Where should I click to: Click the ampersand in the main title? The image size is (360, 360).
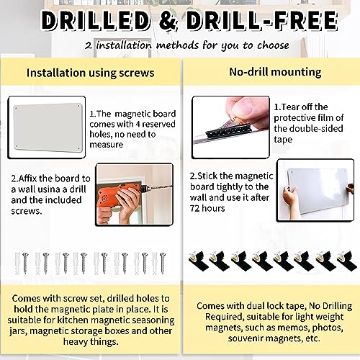click(168, 21)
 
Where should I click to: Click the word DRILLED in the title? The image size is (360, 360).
click(96, 21)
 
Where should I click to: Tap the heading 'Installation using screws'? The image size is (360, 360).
click(90, 73)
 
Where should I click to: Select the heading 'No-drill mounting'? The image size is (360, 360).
click(275, 72)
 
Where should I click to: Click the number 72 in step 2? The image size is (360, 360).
click(195, 208)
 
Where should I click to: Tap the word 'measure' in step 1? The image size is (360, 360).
click(107, 145)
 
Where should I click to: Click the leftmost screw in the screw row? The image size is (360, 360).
click(25, 264)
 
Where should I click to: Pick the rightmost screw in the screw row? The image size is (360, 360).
click(163, 264)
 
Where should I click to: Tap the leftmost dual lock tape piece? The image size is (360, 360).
click(199, 261)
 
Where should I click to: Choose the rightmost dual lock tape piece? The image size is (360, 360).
click(347, 261)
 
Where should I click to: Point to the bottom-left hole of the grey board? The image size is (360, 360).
click(17, 146)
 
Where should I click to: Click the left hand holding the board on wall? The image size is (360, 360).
click(290, 196)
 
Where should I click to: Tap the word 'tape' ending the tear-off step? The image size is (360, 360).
click(283, 140)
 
